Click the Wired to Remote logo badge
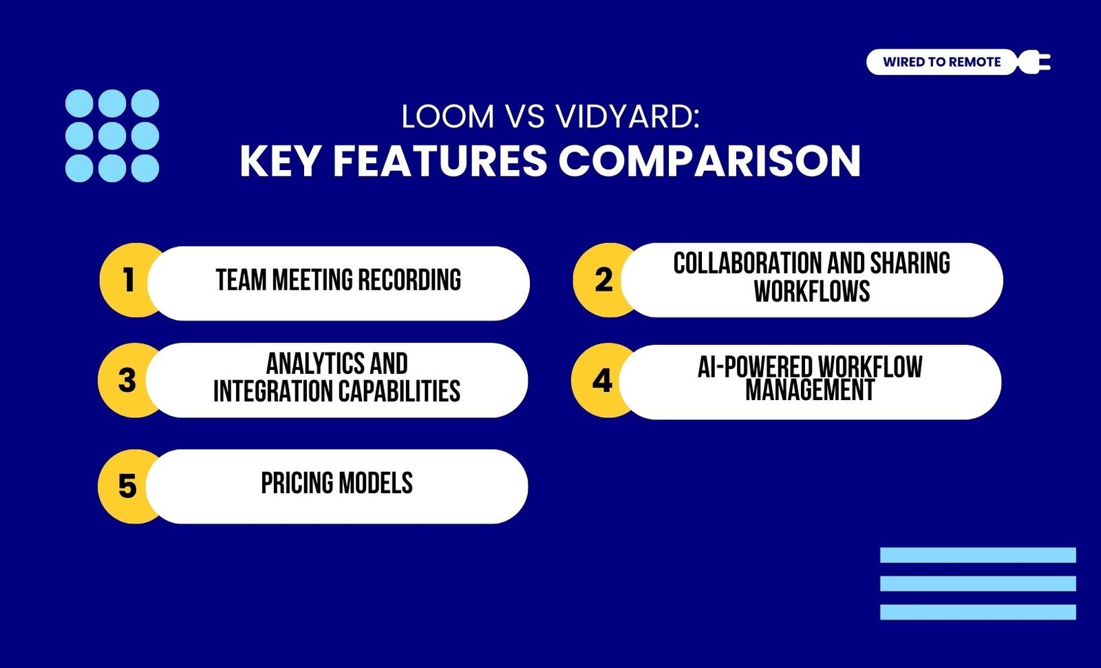click(x=942, y=62)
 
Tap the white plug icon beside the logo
click(x=1034, y=63)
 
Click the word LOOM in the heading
click(x=448, y=116)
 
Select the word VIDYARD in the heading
click(x=628, y=116)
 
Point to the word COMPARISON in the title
click(x=709, y=161)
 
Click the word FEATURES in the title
click(x=440, y=161)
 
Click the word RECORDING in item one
click(x=409, y=280)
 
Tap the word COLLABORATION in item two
click(x=747, y=263)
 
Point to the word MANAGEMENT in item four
click(x=810, y=390)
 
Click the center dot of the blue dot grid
click(x=112, y=136)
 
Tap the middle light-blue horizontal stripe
click(x=978, y=584)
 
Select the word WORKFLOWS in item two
click(x=812, y=291)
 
